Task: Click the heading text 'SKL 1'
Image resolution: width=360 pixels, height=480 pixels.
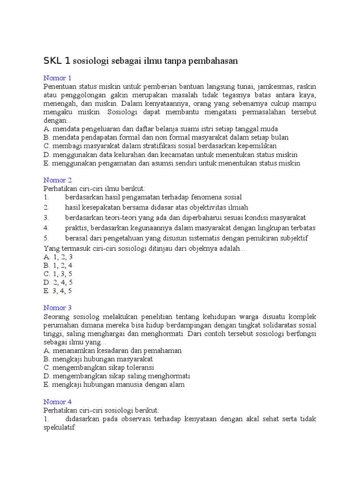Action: (58, 61)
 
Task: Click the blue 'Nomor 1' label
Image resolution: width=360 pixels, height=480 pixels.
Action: (58, 78)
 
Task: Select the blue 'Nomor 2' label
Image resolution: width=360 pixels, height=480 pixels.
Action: (58, 180)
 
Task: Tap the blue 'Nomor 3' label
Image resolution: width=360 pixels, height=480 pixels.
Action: (58, 308)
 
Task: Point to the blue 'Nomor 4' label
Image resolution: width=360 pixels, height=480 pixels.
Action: (58, 402)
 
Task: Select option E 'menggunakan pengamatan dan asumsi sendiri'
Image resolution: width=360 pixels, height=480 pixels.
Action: (172, 163)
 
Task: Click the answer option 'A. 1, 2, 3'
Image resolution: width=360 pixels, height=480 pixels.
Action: (58, 257)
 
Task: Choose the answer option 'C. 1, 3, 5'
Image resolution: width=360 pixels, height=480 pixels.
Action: (58, 274)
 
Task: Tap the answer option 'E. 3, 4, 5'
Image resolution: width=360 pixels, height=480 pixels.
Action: (58, 291)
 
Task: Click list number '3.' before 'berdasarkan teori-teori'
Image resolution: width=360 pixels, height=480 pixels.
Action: (46, 217)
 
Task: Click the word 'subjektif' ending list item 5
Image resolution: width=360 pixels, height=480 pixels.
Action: (293, 238)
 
